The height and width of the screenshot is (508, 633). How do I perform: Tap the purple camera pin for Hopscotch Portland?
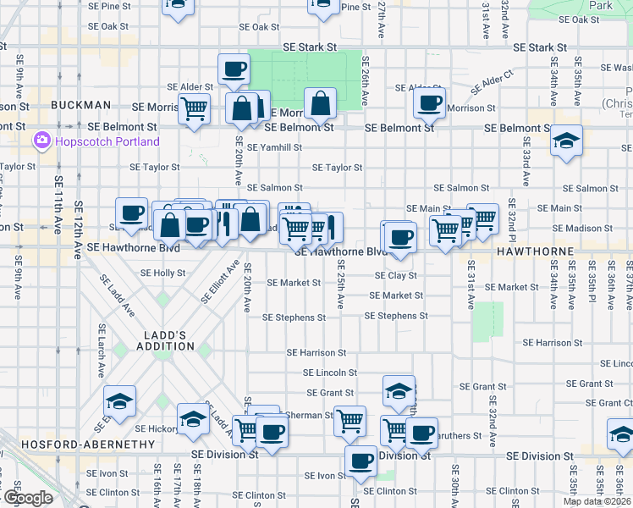(x=41, y=140)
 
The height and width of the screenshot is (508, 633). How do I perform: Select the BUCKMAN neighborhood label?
(x=81, y=105)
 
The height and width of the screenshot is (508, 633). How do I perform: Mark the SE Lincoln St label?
(x=331, y=373)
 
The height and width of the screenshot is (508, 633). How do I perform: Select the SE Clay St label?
(x=397, y=276)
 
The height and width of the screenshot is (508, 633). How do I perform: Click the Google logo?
(x=28, y=499)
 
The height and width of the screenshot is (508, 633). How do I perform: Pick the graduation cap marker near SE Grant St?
(x=399, y=390)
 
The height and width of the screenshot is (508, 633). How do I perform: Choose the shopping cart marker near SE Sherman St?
(x=350, y=420)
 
